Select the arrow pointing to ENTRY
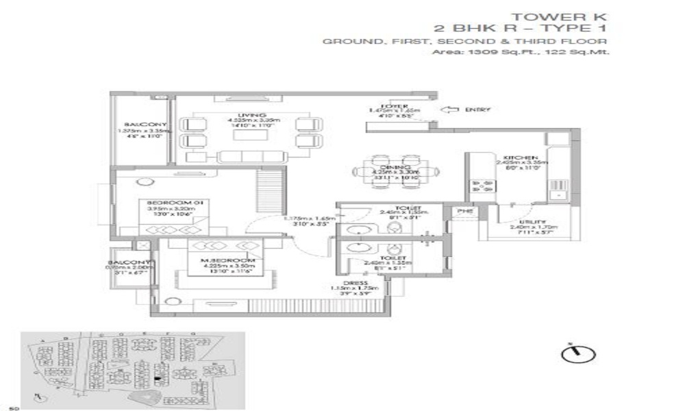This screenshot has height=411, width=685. (451, 109)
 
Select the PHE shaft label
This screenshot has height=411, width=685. (464, 212)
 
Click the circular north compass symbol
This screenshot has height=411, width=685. (577, 353)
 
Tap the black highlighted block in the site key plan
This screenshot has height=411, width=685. (158, 376)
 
